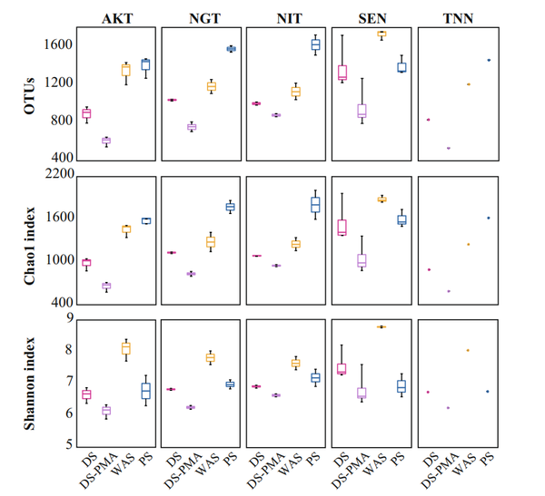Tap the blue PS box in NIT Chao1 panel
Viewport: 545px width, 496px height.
coord(316,205)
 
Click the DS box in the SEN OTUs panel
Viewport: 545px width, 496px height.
coord(342,73)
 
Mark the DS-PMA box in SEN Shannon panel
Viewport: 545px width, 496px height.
coord(361,393)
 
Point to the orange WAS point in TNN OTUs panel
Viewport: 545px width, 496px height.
coord(469,84)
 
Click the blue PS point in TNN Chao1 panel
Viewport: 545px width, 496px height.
coord(489,218)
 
